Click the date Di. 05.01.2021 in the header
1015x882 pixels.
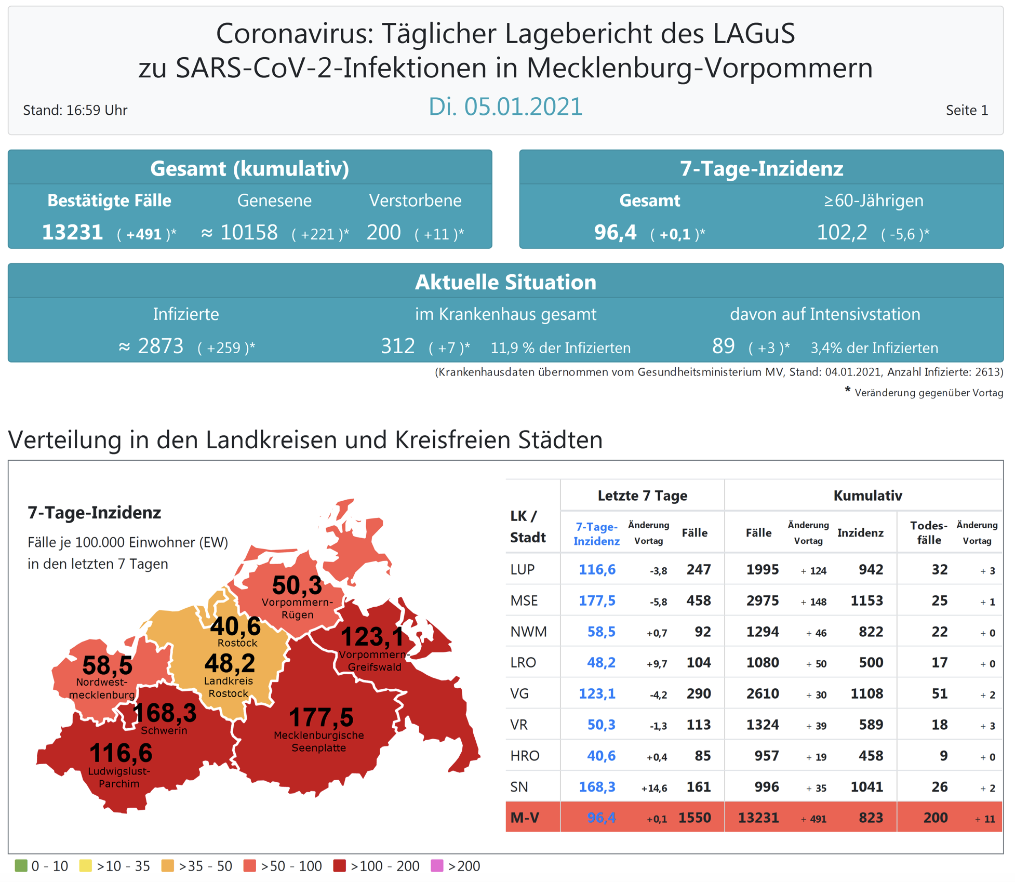[x=505, y=107]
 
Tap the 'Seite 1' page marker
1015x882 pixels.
[x=966, y=110]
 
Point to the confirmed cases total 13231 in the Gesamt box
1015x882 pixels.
[x=72, y=232]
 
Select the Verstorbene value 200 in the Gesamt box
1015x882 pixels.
[x=383, y=232]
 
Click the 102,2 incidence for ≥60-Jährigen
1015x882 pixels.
[x=842, y=232]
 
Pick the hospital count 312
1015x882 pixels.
[x=397, y=346]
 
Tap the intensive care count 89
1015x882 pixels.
[x=723, y=346]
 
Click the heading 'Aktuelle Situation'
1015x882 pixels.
[x=505, y=282]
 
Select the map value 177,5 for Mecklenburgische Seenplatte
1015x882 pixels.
[x=320, y=717]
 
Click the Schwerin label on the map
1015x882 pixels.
[x=164, y=730]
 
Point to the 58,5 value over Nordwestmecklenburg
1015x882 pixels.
[x=107, y=665]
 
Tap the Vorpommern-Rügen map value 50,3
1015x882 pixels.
[x=297, y=585]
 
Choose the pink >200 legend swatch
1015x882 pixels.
[x=437, y=866]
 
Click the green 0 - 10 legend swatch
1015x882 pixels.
[x=21, y=866]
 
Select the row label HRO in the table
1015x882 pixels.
[x=525, y=756]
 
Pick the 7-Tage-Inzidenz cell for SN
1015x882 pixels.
[x=597, y=787]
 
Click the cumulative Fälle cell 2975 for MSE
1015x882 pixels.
[x=762, y=601]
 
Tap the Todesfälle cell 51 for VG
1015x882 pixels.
[x=939, y=694]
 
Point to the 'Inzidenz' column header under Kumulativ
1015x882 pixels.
[x=860, y=533]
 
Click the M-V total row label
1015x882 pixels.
[x=525, y=818]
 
